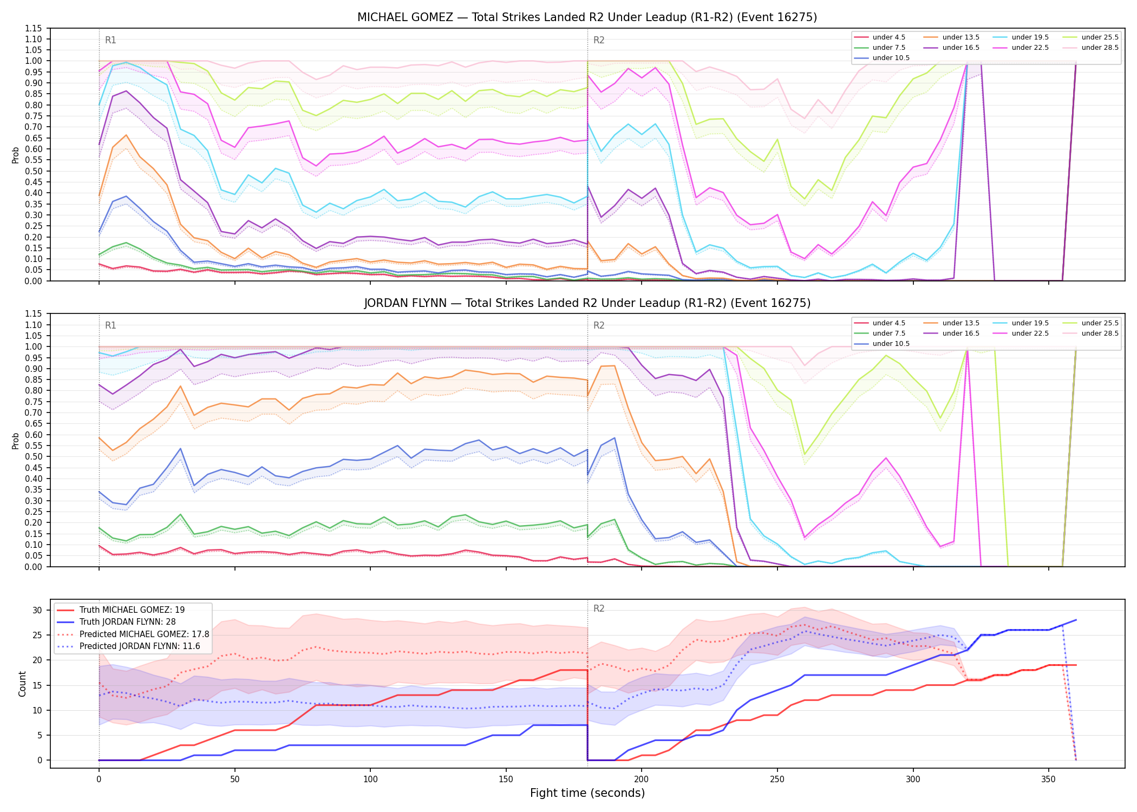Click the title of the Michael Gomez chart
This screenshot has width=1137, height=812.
(x=587, y=17)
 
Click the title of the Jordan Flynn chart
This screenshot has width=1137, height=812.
(x=587, y=303)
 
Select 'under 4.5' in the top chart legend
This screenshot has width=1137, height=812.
(x=889, y=37)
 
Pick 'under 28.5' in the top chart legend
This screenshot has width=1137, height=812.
(x=1100, y=48)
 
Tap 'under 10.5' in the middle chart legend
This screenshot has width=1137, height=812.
(x=891, y=344)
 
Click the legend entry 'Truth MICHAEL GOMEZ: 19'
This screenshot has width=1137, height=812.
(x=132, y=610)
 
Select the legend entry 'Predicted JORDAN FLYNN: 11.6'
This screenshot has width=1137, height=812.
(x=140, y=646)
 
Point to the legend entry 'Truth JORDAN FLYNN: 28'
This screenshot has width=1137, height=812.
(x=128, y=622)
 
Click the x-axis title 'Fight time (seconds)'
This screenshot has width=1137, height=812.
(x=587, y=793)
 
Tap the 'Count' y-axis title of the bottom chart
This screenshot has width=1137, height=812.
(x=22, y=684)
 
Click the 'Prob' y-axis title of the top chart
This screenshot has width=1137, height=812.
(x=16, y=155)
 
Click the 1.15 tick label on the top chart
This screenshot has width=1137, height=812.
(x=34, y=28)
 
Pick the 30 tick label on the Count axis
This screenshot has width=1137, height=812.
(x=37, y=610)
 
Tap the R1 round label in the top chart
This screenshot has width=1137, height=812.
(x=110, y=40)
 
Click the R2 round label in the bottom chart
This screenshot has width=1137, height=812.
(x=599, y=608)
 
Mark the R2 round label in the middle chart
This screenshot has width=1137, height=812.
(x=599, y=325)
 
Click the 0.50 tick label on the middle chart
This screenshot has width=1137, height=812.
(x=34, y=457)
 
